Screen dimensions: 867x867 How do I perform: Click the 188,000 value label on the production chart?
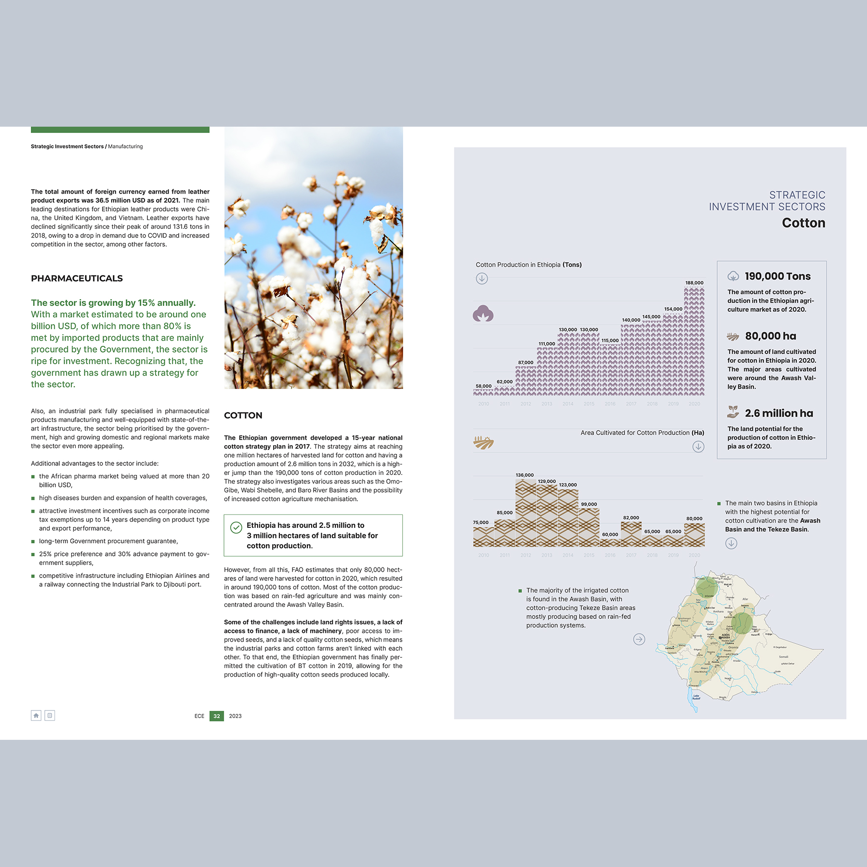[694, 283]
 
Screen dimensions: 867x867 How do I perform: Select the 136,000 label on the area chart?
[525, 475]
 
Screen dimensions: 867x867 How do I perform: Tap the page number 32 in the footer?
[217, 716]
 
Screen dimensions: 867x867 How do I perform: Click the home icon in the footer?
[36, 716]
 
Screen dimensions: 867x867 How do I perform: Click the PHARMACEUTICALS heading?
[77, 278]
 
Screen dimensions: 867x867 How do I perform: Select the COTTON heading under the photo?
[243, 415]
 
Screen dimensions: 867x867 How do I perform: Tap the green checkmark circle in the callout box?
[236, 527]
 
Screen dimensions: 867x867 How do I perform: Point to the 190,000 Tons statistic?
[777, 276]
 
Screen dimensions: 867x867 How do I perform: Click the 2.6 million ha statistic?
[778, 413]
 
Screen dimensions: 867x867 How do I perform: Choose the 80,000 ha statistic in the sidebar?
[770, 336]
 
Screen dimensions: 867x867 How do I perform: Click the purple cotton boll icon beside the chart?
[483, 314]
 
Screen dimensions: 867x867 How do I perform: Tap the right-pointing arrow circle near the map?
[639, 639]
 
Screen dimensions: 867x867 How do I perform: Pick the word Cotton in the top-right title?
[803, 223]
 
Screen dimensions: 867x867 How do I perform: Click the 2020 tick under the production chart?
[694, 404]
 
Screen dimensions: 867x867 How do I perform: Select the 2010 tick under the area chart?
[484, 555]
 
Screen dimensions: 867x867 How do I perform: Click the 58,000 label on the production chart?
[484, 386]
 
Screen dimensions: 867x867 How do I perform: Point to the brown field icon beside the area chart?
[483, 443]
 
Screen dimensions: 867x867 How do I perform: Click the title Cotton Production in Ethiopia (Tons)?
[528, 265]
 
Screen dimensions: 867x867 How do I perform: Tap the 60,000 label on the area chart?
[610, 535]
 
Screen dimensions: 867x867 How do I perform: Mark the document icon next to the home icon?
[50, 716]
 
